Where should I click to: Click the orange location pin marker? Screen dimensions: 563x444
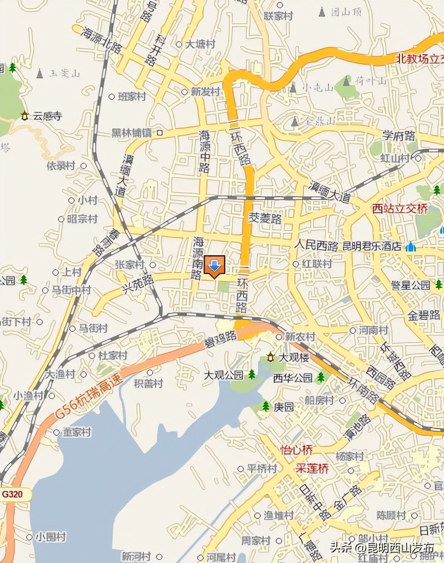tap(215, 266)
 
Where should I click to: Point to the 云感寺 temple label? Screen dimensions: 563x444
tap(47, 116)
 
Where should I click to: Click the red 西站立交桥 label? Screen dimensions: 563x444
tap(400, 209)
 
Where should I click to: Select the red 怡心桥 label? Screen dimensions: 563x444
tap(296, 450)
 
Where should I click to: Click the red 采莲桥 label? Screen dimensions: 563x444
tap(313, 469)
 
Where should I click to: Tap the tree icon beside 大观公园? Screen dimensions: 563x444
tap(252, 374)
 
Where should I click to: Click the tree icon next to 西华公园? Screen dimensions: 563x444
tap(321, 377)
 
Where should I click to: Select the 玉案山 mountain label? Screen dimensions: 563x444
tap(64, 73)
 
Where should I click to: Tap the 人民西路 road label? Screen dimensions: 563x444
tap(316, 246)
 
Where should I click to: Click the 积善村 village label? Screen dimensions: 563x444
tap(149, 383)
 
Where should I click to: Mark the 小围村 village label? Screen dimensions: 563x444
tap(51, 537)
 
